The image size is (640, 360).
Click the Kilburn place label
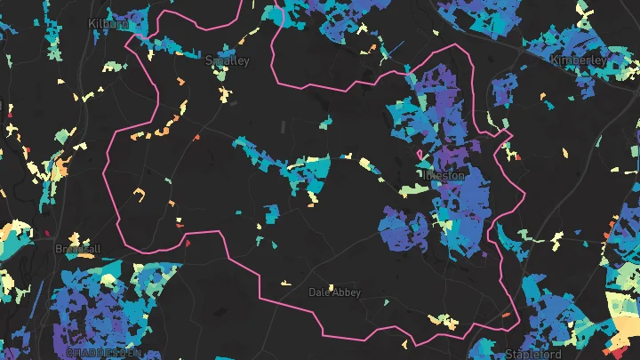click(108, 22)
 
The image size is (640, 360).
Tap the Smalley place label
click(228, 60)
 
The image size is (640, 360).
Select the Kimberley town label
click(579, 60)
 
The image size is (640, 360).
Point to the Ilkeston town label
click(446, 175)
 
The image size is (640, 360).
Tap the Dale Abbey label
click(334, 292)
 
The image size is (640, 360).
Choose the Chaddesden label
click(102, 353)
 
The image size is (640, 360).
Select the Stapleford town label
click(534, 354)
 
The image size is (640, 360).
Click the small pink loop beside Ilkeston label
click(420, 164)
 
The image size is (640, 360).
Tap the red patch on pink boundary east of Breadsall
click(187, 241)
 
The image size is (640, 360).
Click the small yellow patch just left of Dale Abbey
click(286, 284)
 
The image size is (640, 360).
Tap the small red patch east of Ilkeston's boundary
click(517, 159)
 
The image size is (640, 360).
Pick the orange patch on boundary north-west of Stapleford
click(506, 315)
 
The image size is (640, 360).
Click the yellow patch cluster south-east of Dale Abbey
click(439, 318)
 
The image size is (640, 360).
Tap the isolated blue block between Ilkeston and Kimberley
click(506, 90)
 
